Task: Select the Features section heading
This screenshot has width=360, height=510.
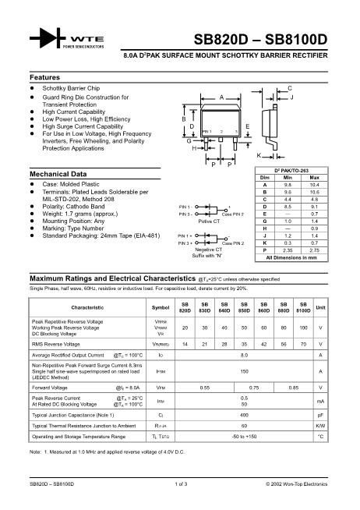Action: pos(44,78)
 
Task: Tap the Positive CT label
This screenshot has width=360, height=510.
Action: pos(208,221)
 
